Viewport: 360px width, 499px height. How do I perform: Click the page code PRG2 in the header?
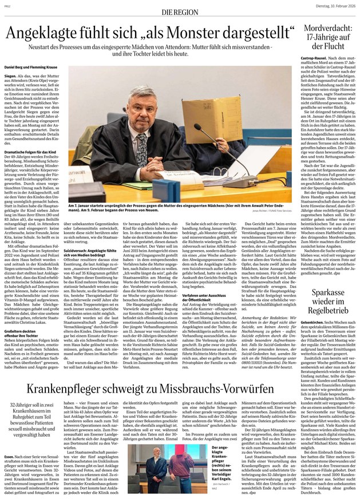pyautogui.click(x=7, y=5)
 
